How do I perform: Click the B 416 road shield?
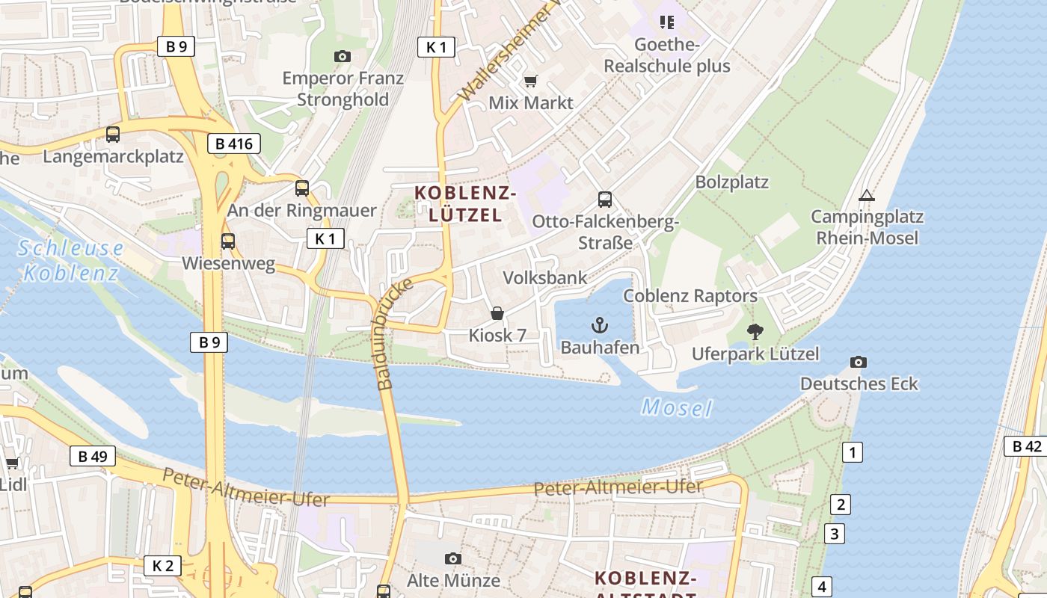pos(233,144)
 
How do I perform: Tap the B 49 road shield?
pos(93,456)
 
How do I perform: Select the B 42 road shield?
pos(1027,446)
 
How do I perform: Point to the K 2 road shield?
pos(162,566)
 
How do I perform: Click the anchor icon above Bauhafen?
pos(600,325)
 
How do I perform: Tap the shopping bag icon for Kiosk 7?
pos(497,313)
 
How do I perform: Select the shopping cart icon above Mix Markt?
pos(531,81)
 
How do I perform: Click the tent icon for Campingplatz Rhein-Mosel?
pos(867,196)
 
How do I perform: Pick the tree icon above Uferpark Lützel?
pos(755,332)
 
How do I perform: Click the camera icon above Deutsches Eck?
pos(859,363)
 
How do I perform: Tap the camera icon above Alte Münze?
pos(452,558)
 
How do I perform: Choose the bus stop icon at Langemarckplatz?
pos(113,135)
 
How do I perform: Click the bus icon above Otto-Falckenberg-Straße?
pos(605,200)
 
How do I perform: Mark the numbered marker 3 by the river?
pos(835,534)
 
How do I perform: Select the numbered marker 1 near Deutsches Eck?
pos(852,452)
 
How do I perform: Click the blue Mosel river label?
pos(677,408)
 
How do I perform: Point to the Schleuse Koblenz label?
pos(71,260)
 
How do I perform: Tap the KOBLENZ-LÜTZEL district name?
pos(465,204)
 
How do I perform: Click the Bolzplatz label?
pos(731,182)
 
